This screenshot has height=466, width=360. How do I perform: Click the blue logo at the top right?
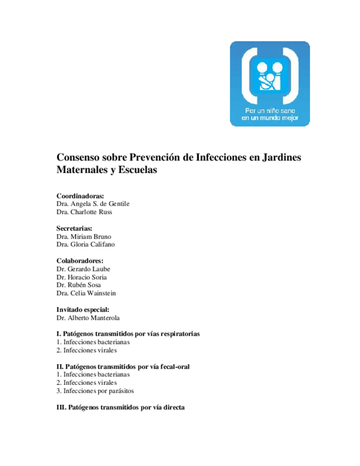tap(269, 84)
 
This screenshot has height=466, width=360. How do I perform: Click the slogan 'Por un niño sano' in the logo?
tap(269, 111)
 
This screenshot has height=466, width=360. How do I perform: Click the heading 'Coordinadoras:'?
tap(80, 196)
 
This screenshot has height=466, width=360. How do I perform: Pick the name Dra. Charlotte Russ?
tap(84, 212)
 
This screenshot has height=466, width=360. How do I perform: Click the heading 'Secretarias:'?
tap(74, 228)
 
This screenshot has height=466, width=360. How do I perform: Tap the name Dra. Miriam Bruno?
tap(84, 236)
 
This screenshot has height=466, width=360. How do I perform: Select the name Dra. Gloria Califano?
tap(86, 245)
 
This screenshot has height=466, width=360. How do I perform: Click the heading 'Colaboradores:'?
tap(80, 260)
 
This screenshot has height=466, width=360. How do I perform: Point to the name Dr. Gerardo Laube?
tap(83, 269)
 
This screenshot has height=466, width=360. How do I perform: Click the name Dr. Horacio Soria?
tap(81, 277)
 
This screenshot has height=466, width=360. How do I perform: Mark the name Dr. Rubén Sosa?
tap(79, 285)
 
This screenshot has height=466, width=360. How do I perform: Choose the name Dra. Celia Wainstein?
tap(86, 293)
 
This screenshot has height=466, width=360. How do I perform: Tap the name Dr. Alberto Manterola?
tap(88, 318)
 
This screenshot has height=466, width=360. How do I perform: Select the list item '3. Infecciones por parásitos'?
tap(95, 391)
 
